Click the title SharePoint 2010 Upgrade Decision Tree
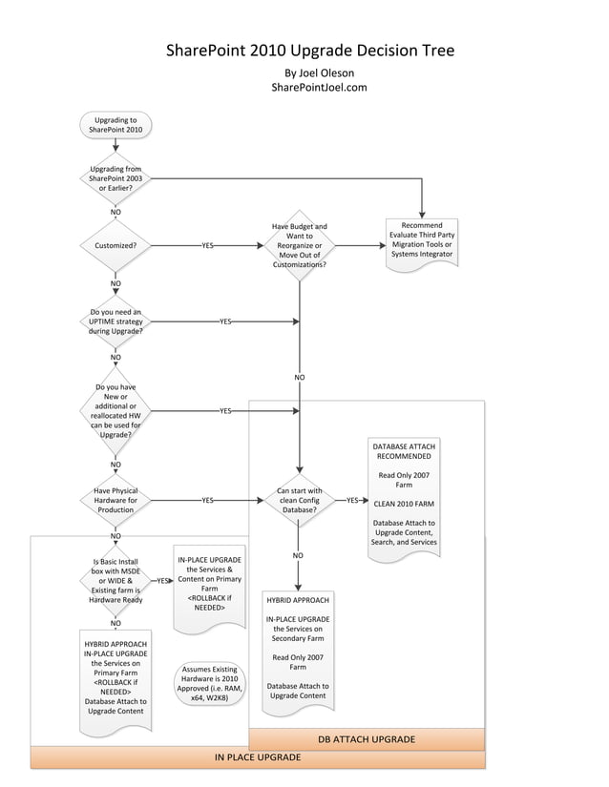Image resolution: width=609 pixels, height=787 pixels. click(310, 51)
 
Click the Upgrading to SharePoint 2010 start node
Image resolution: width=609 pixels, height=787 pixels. click(115, 125)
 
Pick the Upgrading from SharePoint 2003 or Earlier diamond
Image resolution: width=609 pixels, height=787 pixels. click(115, 178)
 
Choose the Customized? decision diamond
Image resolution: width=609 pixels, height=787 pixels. click(115, 245)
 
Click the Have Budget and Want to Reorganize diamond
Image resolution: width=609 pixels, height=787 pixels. click(300, 245)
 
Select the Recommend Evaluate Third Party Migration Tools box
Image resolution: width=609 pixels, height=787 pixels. click(422, 242)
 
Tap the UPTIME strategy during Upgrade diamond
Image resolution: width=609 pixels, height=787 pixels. click(115, 321)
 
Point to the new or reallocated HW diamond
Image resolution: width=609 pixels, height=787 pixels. click(115, 410)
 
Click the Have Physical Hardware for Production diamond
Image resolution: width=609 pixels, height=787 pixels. click(115, 500)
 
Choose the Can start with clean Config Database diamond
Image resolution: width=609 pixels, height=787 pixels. click(300, 500)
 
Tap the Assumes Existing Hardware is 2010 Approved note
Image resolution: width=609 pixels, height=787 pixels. click(210, 684)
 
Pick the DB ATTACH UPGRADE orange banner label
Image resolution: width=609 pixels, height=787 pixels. click(367, 739)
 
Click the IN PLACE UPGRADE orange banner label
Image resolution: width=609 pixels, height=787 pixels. click(258, 757)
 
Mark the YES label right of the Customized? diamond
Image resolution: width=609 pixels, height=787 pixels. click(207, 245)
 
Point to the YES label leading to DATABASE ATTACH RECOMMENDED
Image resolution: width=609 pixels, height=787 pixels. click(352, 500)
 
